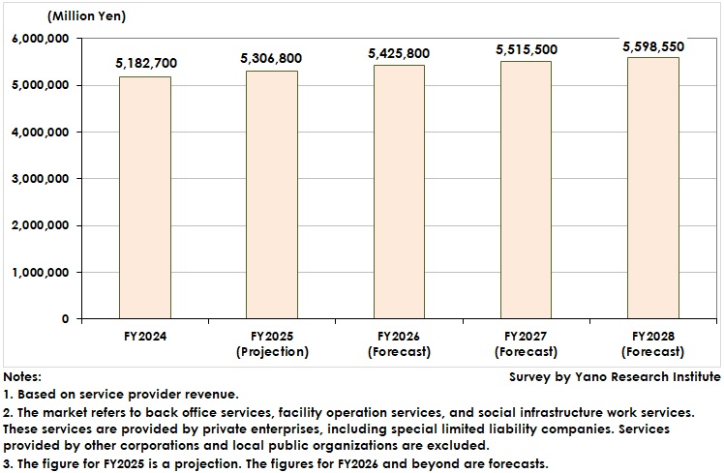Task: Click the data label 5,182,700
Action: [x=145, y=64]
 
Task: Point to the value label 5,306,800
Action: [x=272, y=58]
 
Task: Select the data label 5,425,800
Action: [x=400, y=53]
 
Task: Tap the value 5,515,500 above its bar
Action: [x=527, y=48]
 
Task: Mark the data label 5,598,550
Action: [x=654, y=44]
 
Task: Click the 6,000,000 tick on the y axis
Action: [x=41, y=39]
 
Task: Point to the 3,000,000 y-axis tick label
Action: [x=41, y=179]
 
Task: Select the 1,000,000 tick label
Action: [x=41, y=273]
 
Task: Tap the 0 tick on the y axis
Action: [x=66, y=319]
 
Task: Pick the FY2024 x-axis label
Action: [x=145, y=337]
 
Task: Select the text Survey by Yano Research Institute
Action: [x=615, y=376]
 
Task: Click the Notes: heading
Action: [x=22, y=376]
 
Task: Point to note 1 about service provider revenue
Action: [x=122, y=394]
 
